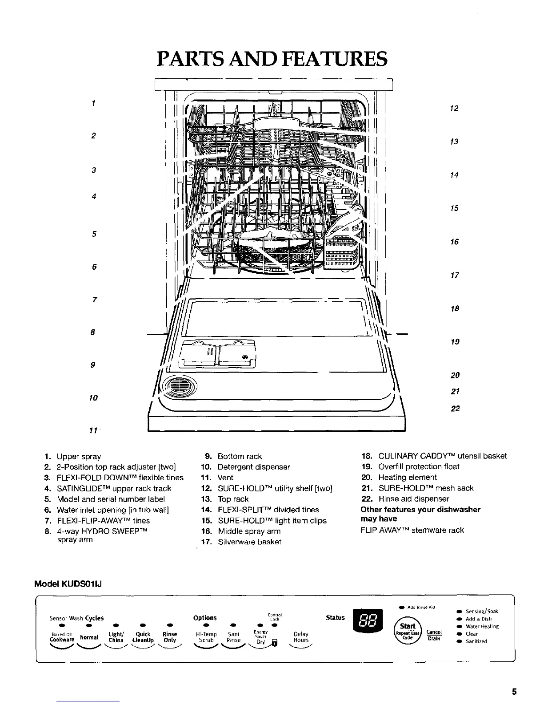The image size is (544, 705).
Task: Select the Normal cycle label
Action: click(88, 637)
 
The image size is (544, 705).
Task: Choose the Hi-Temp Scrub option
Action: click(206, 637)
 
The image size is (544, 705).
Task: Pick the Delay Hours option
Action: click(301, 637)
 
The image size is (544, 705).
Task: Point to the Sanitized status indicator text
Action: click(476, 641)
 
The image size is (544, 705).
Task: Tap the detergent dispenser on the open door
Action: click(218, 354)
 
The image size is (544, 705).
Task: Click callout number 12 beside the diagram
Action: click(454, 109)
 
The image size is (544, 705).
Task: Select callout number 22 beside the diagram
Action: click(455, 409)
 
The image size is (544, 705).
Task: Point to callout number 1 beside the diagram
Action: click(93, 103)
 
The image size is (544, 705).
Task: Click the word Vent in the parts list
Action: click(225, 478)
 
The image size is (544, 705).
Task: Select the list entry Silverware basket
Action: click(249, 542)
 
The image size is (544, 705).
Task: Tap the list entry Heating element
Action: click(407, 477)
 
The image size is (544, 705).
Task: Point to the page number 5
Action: click(514, 692)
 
